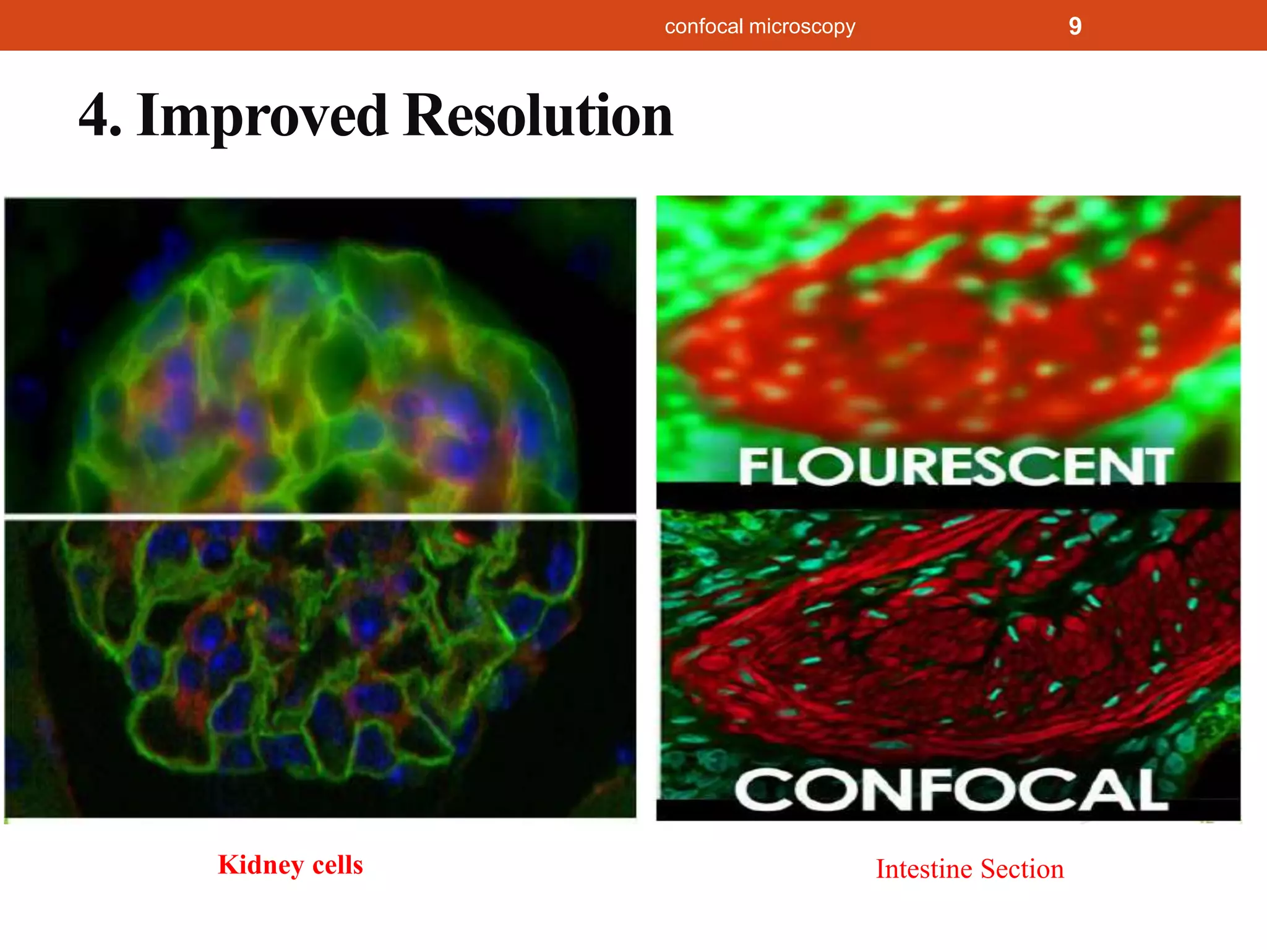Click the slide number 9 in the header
[1075, 26]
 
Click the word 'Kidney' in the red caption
[260, 865]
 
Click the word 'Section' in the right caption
[1022, 869]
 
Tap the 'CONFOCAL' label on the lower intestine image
[951, 790]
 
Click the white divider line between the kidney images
[320, 516]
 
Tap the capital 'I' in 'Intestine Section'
[880, 869]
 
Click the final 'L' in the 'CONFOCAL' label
[1150, 790]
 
